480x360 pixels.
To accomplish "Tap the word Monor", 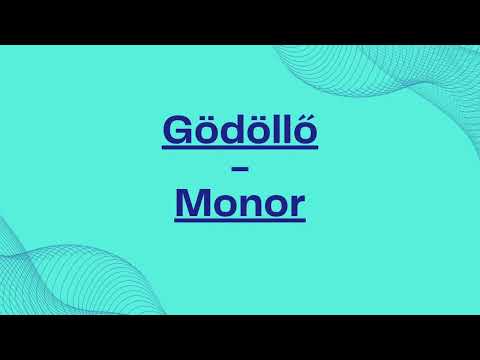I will (x=239, y=205).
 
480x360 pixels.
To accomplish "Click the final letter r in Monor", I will (x=295, y=207).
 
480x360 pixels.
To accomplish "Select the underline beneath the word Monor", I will (x=239, y=222).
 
